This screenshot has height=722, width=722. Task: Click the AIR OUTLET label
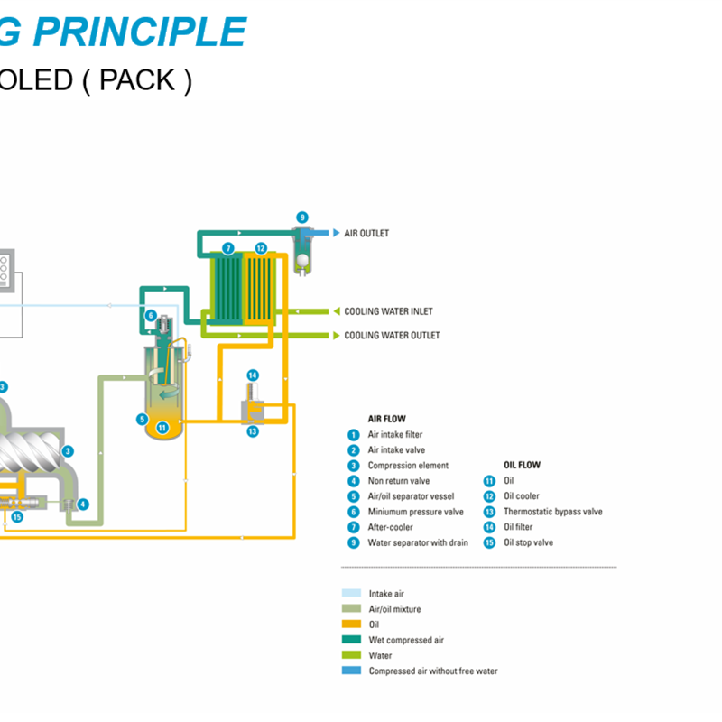point(366,234)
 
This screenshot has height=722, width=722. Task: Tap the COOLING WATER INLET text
point(388,311)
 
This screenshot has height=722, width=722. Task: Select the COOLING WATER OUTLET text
point(392,336)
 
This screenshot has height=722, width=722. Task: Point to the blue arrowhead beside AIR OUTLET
point(336,234)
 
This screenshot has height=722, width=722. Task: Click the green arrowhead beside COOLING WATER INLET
point(336,311)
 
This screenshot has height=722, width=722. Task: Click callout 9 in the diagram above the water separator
point(302,218)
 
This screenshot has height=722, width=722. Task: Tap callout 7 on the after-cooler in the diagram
point(228,248)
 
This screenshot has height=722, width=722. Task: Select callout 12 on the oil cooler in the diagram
point(260,248)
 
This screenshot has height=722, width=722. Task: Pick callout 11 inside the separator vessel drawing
point(162,428)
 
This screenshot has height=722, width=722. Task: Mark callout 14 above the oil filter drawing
point(253,375)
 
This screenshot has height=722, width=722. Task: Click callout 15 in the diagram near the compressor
point(16,517)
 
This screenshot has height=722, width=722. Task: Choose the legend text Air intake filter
point(394,435)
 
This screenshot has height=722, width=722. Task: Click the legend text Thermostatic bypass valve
point(552,512)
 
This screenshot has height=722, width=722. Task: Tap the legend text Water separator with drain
point(417,542)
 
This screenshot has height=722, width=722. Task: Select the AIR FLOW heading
point(386,419)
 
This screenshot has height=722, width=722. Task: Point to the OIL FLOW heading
point(522,466)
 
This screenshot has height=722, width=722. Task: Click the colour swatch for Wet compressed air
point(351,640)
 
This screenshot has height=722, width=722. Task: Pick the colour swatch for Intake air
point(351,594)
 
